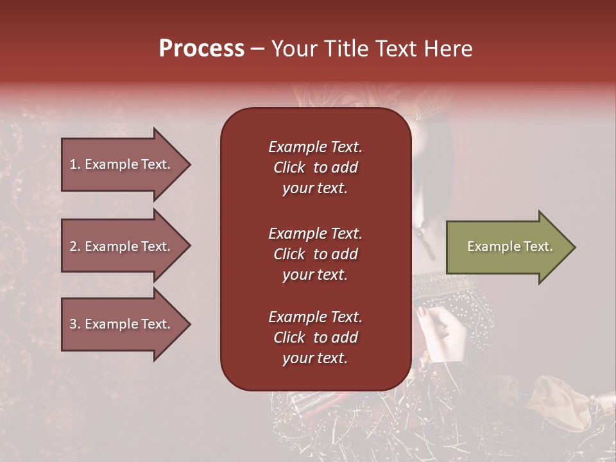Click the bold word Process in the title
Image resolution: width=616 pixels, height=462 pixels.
(201, 49)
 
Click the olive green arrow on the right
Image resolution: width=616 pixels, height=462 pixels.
(507, 247)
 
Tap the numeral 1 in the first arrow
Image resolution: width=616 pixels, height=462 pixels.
(73, 164)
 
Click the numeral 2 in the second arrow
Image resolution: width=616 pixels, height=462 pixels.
(73, 246)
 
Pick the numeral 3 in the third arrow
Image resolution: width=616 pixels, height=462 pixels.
(73, 324)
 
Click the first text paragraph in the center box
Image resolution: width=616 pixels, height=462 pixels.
(315, 167)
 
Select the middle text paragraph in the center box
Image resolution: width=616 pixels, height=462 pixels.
(315, 254)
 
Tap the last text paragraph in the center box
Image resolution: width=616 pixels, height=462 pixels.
(315, 338)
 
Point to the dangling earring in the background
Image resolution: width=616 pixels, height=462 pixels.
(424, 234)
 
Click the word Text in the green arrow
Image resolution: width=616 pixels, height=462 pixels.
(539, 246)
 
